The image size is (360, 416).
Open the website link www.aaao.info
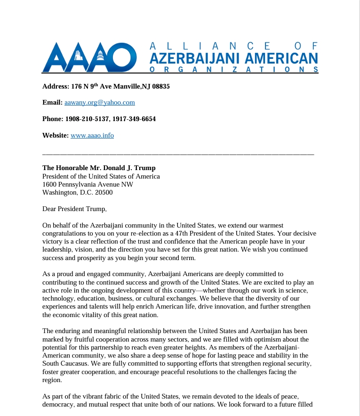tap(92, 135)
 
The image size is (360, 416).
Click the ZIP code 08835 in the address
tap(160, 87)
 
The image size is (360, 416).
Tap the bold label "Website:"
tap(56, 135)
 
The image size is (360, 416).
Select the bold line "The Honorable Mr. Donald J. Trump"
tap(99, 168)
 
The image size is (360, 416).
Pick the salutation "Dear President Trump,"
tap(75, 209)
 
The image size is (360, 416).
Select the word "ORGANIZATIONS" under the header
tap(233, 69)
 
